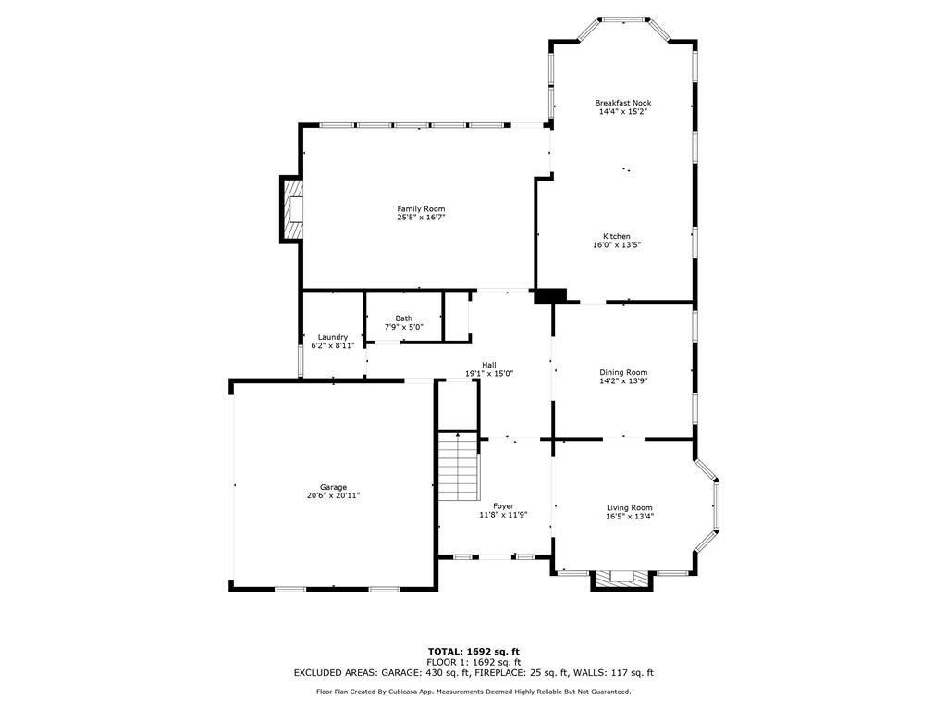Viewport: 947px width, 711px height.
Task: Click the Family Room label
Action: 421,208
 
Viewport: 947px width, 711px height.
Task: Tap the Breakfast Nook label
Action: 622,103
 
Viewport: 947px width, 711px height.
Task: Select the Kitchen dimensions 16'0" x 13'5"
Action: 617,244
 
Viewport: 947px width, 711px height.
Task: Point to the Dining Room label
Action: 623,372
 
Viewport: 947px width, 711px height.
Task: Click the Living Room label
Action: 629,508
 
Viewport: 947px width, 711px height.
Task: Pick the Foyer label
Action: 503,506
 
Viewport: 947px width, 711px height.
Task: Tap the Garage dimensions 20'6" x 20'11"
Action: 333,495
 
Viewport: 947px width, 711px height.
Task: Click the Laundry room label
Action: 333,337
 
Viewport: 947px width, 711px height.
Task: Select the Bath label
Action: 404,318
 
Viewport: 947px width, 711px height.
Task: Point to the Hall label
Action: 489,365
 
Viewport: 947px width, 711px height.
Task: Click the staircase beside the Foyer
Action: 459,467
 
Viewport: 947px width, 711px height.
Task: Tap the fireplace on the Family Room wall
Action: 291,209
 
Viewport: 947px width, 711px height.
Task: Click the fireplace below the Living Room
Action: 622,580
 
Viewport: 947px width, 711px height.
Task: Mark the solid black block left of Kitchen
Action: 550,295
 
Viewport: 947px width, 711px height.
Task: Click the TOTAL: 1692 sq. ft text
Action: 473,651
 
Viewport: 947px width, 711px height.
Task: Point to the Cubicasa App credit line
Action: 473,692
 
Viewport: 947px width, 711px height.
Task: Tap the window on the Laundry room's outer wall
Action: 301,362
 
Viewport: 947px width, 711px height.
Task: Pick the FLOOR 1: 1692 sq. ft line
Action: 473,662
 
